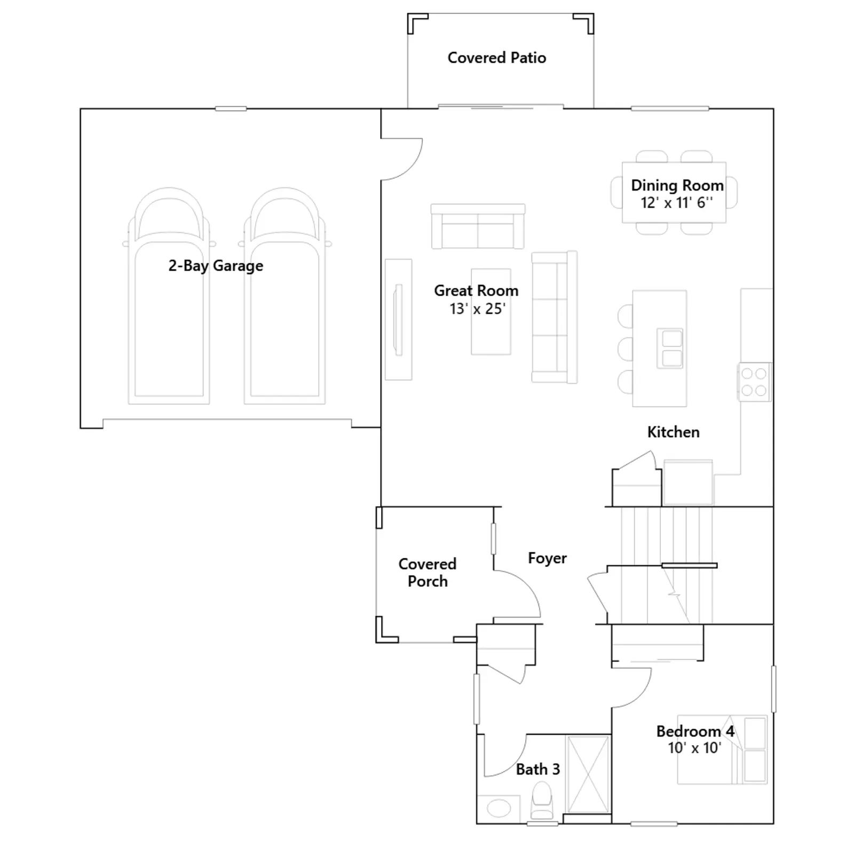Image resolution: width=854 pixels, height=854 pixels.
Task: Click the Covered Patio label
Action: tap(496, 58)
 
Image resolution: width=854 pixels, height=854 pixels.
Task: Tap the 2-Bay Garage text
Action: tap(216, 266)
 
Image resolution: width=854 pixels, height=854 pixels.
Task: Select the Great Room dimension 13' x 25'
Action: tap(477, 309)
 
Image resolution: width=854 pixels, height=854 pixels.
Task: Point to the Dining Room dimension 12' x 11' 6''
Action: tap(676, 202)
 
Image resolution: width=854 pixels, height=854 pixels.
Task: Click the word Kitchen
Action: tap(673, 432)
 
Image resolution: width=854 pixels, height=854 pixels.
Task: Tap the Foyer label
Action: tap(547, 558)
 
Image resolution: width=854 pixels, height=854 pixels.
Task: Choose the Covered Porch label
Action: tap(428, 572)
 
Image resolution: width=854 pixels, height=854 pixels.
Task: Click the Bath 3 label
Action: tap(538, 769)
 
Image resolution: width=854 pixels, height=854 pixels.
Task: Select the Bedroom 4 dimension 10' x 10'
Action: tap(694, 748)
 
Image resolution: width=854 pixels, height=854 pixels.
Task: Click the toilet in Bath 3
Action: tap(542, 799)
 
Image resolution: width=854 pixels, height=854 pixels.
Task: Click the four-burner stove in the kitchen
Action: tap(754, 382)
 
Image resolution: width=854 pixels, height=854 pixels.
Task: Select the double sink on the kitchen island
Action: tap(670, 348)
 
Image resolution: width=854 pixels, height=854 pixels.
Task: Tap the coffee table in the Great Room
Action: tap(491, 312)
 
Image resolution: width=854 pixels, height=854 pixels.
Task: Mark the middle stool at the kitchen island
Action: tap(626, 349)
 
